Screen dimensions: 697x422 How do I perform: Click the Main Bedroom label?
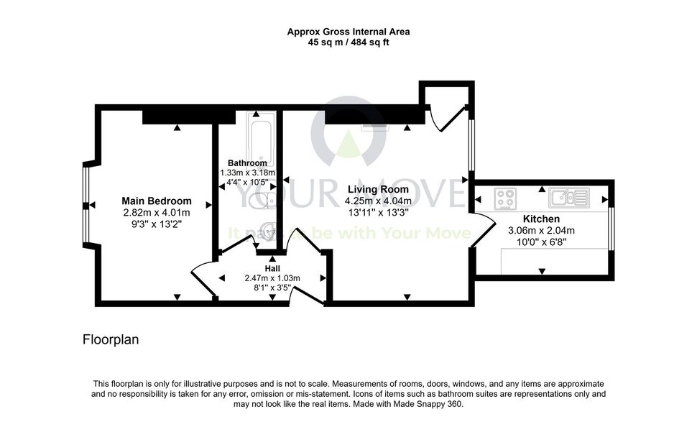[157, 201]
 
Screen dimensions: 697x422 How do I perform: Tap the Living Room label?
[378, 190]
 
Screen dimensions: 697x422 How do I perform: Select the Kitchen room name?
[541, 219]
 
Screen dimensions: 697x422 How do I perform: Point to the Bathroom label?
[247, 163]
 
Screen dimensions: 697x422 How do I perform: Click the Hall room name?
[272, 269]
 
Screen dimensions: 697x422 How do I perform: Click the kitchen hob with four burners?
[505, 198]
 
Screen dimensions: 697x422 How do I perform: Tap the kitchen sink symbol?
[569, 198]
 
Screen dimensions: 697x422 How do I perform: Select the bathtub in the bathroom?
[261, 138]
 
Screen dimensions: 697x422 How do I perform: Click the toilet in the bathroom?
[263, 201]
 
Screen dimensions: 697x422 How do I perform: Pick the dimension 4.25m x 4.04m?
[378, 201]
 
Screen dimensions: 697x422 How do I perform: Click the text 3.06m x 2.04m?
[541, 230]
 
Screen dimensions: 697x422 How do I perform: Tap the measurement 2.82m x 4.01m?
[157, 213]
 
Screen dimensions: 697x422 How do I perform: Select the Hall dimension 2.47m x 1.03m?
[272, 278]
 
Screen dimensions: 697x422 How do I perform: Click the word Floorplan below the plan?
[111, 340]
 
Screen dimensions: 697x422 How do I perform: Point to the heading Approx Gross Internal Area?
[348, 32]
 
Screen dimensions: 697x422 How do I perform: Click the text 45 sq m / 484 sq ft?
[348, 42]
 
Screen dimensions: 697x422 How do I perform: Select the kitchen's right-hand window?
[611, 229]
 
